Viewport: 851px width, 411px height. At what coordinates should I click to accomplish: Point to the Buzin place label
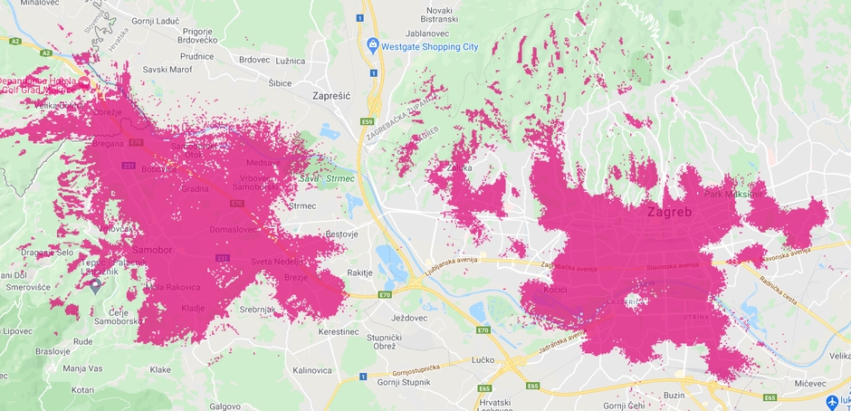click(673, 396)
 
